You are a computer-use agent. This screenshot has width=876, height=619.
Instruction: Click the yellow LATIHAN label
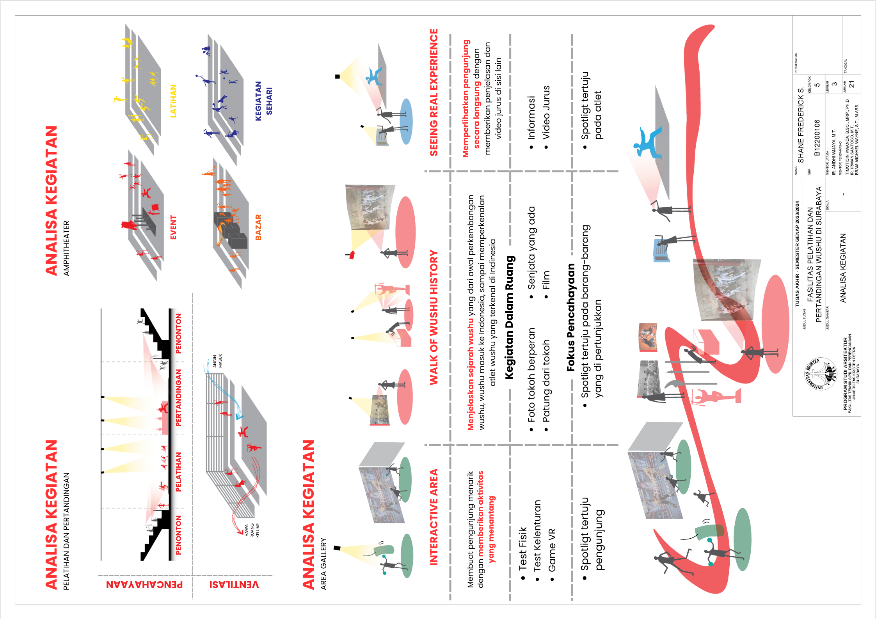coord(173,101)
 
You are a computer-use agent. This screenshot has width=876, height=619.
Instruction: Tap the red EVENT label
coord(173,227)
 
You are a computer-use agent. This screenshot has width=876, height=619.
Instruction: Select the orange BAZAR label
coord(258,227)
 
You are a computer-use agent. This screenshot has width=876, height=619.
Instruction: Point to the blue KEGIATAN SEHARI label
coord(263,101)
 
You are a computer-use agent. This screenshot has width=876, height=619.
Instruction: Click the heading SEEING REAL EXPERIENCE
coord(434,92)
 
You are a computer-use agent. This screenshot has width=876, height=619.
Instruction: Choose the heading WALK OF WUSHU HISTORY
coord(434,317)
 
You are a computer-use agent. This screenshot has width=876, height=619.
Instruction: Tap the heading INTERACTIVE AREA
coord(434,517)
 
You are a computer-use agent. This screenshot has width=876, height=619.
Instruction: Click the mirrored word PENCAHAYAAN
coord(144,584)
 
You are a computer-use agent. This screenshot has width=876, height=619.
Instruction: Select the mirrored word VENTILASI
coord(234,584)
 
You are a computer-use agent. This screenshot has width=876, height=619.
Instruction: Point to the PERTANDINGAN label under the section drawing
coord(178,398)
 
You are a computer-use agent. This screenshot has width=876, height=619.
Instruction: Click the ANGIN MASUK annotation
coord(217,361)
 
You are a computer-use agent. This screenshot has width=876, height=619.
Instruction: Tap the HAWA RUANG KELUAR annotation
coord(252,530)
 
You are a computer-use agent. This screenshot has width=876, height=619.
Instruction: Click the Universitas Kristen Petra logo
coord(820,374)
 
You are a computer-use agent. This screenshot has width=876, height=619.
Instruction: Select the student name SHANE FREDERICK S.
coord(801,124)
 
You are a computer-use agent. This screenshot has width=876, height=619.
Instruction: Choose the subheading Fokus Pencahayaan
coord(570,317)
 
